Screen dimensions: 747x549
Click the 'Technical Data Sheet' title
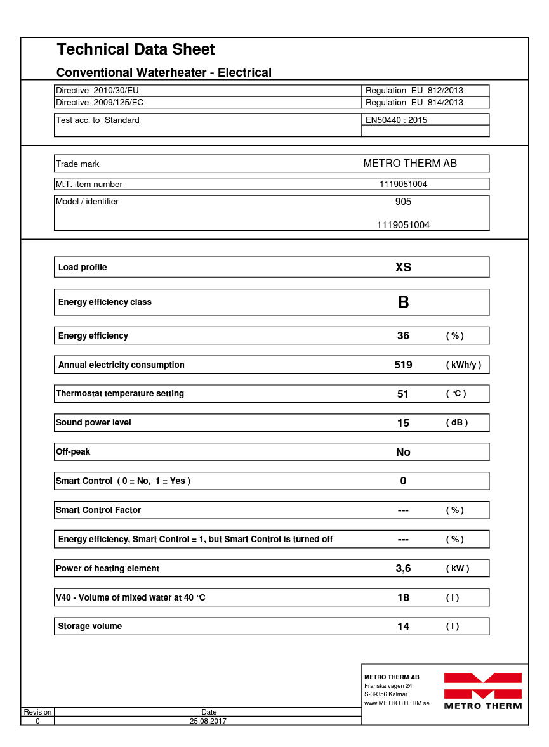pos(136,49)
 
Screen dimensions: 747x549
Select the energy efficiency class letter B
pos(403,302)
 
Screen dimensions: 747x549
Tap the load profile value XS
pos(403,267)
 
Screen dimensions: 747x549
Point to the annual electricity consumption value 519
pos(403,365)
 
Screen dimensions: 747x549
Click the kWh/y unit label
pos(463,365)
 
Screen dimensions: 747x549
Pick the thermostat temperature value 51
pos(403,394)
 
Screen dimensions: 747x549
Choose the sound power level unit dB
pos(456,423)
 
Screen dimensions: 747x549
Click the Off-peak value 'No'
pos(403,452)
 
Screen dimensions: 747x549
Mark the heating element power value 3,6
pos(403,568)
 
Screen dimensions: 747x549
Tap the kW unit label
pos(458,569)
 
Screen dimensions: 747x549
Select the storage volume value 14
pos(403,627)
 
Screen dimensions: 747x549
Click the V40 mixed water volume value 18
pos(403,597)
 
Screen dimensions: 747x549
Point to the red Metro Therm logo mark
pos(482,685)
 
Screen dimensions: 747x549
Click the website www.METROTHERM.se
pos(397,703)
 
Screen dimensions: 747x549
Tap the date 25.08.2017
pos(208,721)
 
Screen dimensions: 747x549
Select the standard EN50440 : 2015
pos(397,120)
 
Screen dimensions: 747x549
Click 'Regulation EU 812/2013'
pos(414,91)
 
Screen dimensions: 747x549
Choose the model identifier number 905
pos(403,202)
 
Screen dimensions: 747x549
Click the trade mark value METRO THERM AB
pos(410,164)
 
